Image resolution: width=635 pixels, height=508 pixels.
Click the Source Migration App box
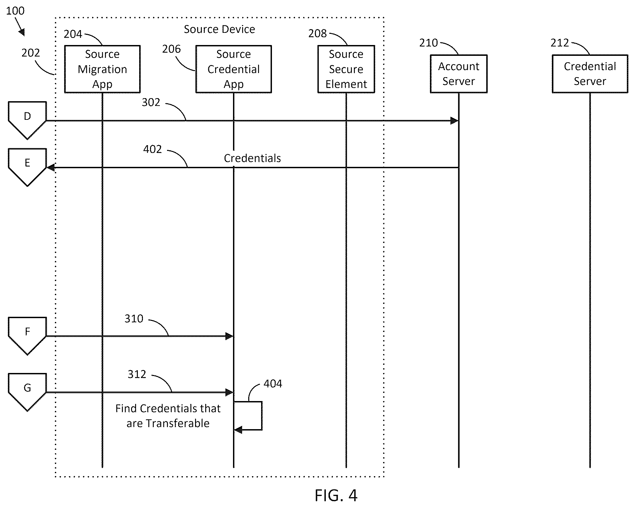pyautogui.click(x=102, y=69)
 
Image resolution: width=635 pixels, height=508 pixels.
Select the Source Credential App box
pyautogui.click(x=233, y=69)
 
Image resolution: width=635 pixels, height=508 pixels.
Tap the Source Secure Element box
pyautogui.click(x=346, y=69)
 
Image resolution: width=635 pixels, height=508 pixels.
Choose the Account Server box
pyautogui.click(x=459, y=74)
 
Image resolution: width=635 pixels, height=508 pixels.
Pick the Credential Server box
pyautogui.click(x=590, y=74)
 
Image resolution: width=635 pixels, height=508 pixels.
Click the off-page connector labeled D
pyautogui.click(x=27, y=120)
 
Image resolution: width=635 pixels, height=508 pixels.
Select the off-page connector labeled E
pyautogui.click(x=27, y=167)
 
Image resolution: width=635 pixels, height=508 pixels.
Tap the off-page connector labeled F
pyautogui.click(x=27, y=336)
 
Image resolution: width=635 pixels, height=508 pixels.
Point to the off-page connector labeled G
pyautogui.click(x=27, y=392)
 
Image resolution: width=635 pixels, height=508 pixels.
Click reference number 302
pyautogui.click(x=151, y=102)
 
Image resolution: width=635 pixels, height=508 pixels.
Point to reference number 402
pyautogui.click(x=152, y=149)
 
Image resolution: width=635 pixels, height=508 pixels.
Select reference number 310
pyautogui.click(x=134, y=318)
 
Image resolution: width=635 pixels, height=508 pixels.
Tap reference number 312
pyautogui.click(x=137, y=374)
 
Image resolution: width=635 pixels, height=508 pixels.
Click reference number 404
pyautogui.click(x=273, y=383)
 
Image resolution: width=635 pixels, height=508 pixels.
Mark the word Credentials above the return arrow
pyautogui.click(x=252, y=158)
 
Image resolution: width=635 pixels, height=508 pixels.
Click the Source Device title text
pyautogui.click(x=219, y=29)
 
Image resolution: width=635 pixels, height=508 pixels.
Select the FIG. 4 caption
pyautogui.click(x=336, y=495)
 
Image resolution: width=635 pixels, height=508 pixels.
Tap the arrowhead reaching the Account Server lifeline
pyautogui.click(x=454, y=121)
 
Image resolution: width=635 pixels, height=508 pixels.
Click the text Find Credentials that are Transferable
pyautogui.click(x=168, y=416)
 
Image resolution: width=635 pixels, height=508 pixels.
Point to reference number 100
pyautogui.click(x=15, y=11)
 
